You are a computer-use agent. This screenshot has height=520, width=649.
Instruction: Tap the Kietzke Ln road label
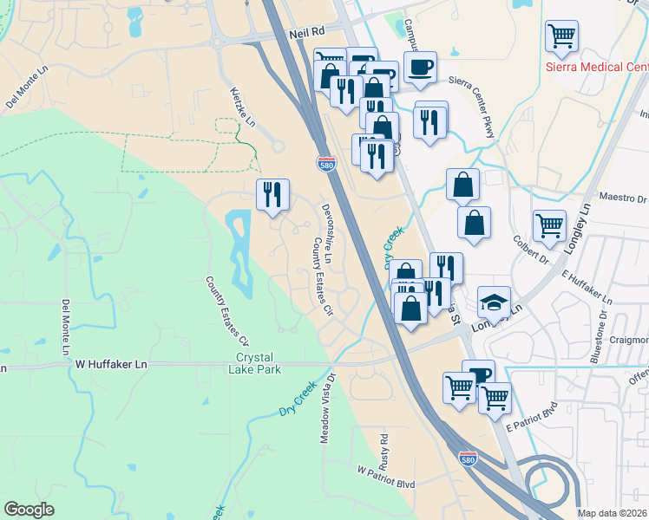point(243,106)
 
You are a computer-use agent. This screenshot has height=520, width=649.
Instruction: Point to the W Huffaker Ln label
point(111,365)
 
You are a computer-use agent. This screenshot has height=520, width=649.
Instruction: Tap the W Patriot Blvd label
point(386,478)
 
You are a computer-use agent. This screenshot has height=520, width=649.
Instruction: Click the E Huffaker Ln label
point(587,288)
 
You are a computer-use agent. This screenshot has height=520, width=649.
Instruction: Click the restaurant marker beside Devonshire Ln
point(272,194)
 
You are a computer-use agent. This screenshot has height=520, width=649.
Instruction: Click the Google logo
point(29,510)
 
